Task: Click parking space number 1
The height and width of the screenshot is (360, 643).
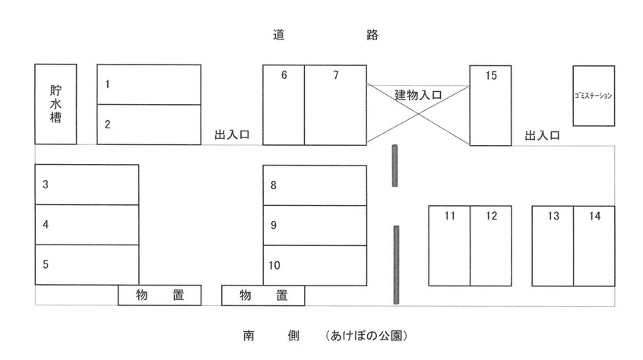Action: (149, 84)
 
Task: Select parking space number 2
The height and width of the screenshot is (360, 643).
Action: (149, 124)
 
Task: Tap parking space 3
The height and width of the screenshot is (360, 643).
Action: (87, 185)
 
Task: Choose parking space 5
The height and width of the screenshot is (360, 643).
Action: (87, 264)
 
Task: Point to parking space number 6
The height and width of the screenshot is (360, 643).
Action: (283, 105)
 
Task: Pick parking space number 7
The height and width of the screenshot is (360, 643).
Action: (335, 105)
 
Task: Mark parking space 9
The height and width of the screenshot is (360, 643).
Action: (315, 225)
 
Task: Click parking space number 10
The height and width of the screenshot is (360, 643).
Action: (315, 265)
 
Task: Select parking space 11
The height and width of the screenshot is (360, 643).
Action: (449, 245)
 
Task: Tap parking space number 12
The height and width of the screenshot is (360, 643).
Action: (490, 245)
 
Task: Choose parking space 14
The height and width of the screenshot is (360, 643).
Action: (594, 245)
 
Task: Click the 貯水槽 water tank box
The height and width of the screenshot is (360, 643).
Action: (55, 104)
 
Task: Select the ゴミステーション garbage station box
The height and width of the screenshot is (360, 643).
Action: (594, 96)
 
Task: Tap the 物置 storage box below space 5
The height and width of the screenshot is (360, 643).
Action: (160, 295)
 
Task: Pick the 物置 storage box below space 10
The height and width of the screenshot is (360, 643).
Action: (263, 295)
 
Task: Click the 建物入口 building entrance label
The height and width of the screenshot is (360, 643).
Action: (418, 95)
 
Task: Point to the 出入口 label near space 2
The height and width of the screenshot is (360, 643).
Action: (233, 135)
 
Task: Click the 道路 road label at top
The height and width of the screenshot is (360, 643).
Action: (325, 35)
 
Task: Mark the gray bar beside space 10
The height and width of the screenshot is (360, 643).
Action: (396, 263)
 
